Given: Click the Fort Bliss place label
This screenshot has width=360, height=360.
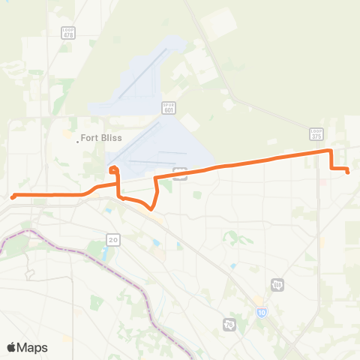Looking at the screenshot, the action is pos(105,138).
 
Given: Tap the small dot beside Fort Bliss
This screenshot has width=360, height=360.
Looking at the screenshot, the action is pos(78,139).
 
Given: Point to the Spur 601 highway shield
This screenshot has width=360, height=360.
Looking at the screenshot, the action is pos(168,109).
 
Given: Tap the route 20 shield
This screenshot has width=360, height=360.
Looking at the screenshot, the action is pos(113,239).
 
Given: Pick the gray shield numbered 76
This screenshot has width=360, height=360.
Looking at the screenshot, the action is pos(229,324).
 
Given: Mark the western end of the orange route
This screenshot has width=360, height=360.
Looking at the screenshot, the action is pos(13,197).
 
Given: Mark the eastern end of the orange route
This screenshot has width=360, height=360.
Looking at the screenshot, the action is pos(349,172).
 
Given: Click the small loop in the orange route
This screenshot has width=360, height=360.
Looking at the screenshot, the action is pos(113,170).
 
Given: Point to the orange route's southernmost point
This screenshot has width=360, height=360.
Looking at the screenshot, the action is pos(152,209).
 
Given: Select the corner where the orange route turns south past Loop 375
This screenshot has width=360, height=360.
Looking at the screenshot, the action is pos(331,151).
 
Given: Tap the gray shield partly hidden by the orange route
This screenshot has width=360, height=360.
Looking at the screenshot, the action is pos(180,173).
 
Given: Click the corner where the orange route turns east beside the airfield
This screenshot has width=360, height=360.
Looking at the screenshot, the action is pos(155,178).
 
